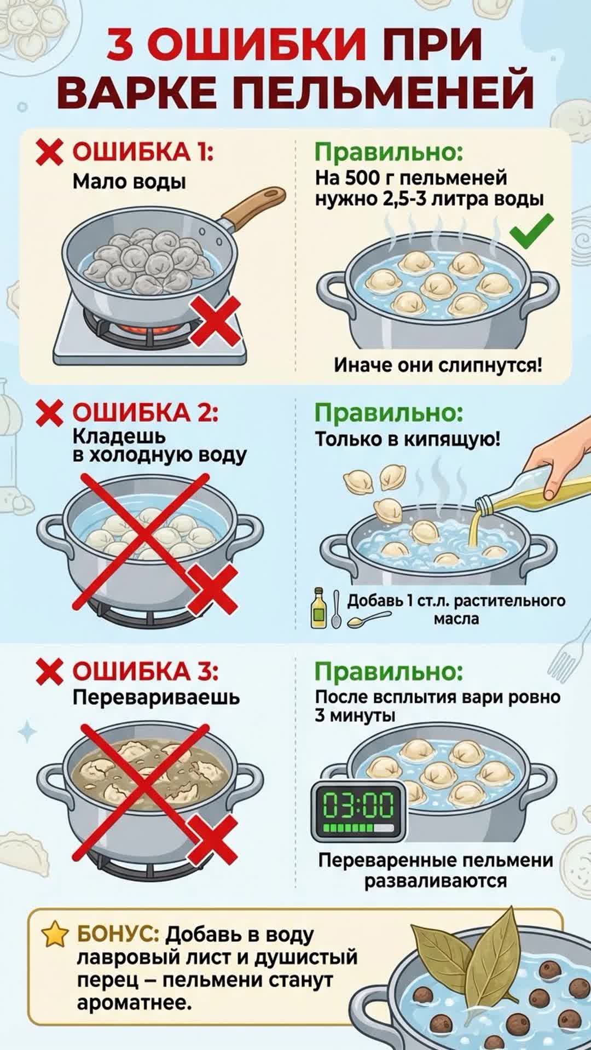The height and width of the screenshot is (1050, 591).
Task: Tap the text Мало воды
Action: [x=129, y=182]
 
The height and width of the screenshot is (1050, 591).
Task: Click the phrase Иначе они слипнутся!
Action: [x=438, y=365]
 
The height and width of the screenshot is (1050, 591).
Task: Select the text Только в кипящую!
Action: [x=407, y=439]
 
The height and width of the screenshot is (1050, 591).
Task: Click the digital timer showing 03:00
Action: [x=359, y=811]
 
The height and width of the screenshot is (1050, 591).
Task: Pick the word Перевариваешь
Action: [x=156, y=697]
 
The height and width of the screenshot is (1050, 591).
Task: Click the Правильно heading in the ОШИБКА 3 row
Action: [x=389, y=672]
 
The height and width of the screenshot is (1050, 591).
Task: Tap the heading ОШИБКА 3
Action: [x=145, y=672]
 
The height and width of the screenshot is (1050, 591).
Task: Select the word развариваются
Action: [x=436, y=881]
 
